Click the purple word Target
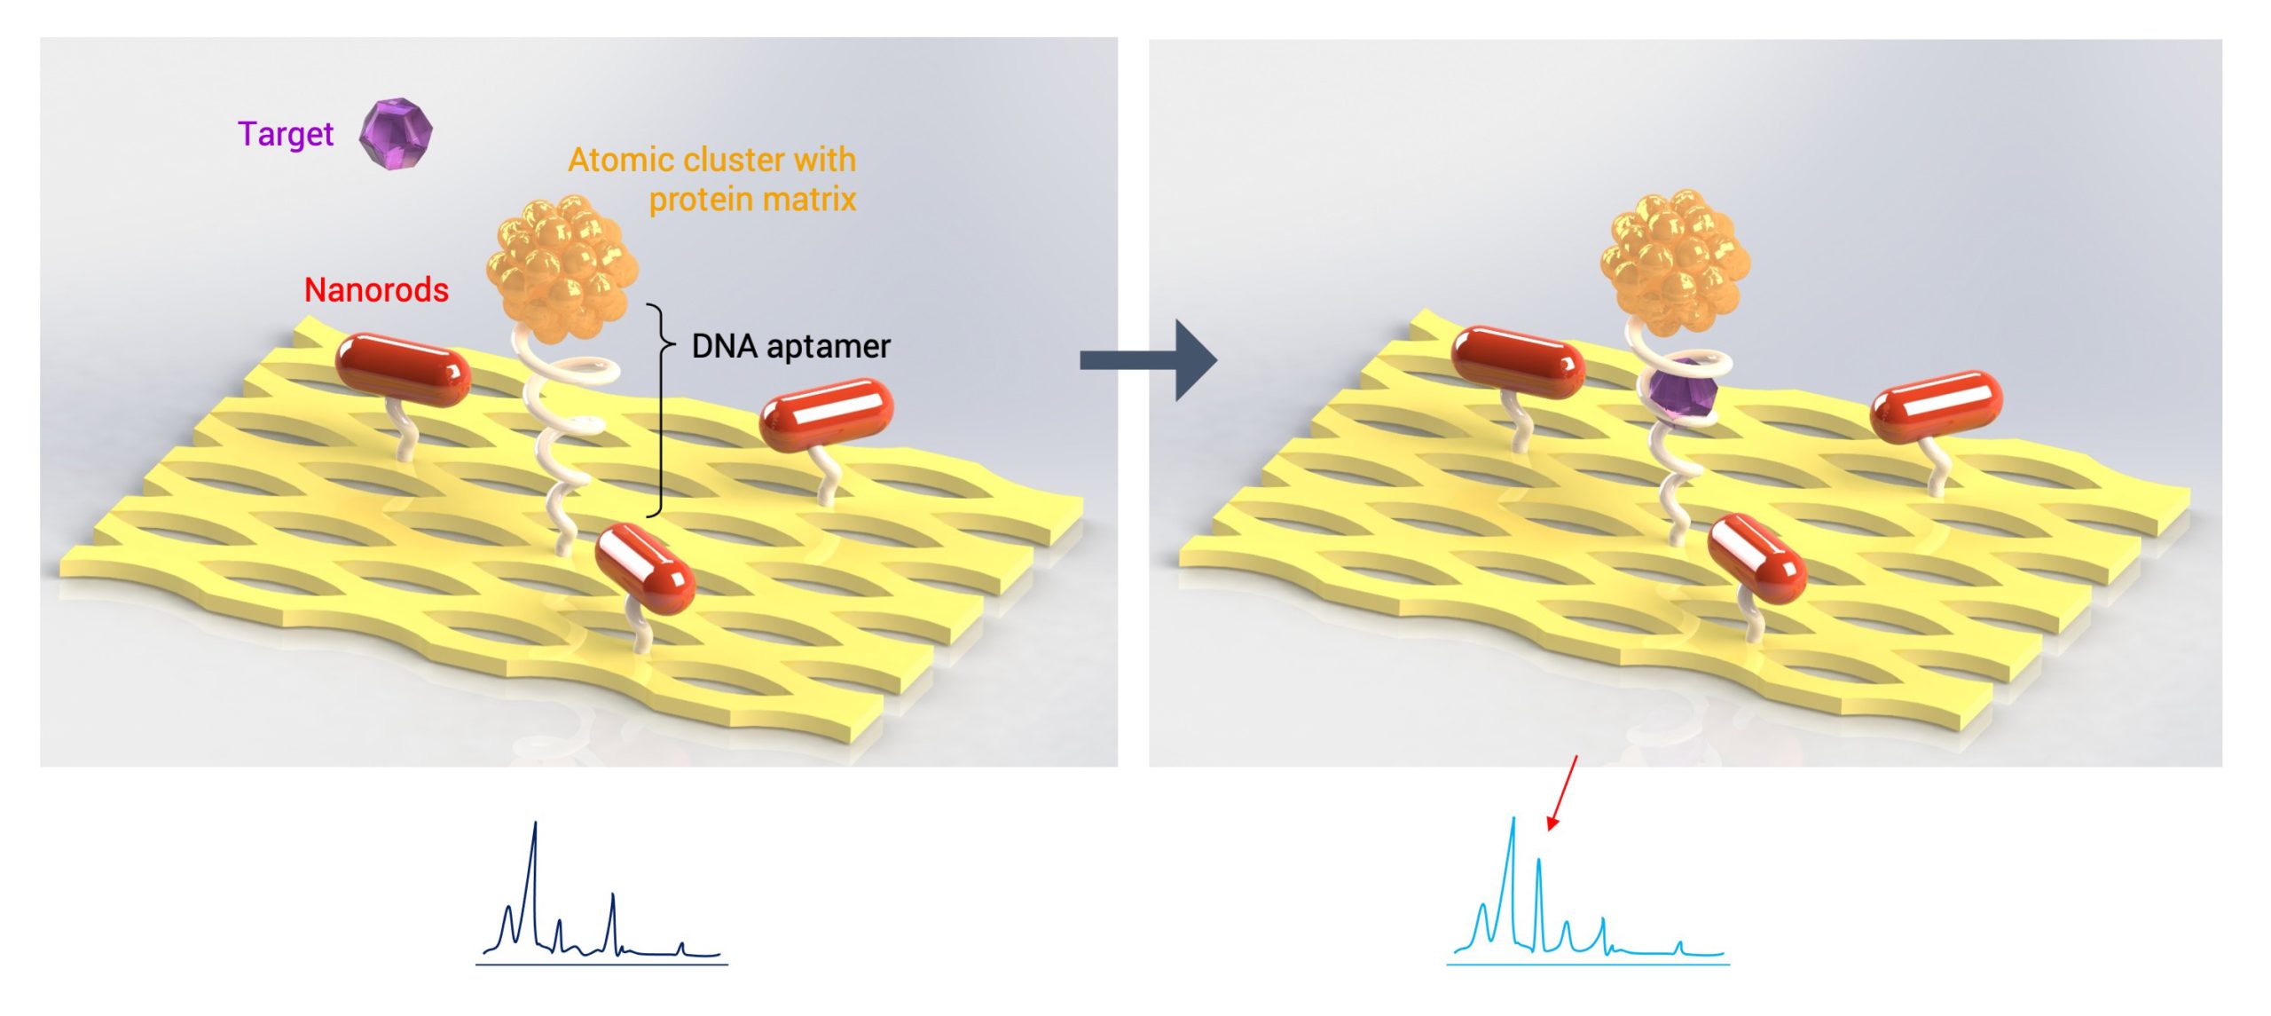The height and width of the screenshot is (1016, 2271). pos(285,134)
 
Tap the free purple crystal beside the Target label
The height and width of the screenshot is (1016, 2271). pos(396,134)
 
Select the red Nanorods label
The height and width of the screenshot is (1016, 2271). pos(376,290)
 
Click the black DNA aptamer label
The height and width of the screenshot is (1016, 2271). pos(790,346)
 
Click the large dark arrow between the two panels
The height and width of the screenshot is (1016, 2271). pos(1149,360)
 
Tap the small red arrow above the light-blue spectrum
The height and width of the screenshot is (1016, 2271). pos(1562,792)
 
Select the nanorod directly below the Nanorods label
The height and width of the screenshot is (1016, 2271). pos(403,369)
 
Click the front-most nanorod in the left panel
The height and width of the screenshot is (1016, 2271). pos(644,568)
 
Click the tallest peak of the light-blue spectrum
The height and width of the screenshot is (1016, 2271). pos(1513,822)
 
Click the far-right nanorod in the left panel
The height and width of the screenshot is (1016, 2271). pos(826,414)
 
